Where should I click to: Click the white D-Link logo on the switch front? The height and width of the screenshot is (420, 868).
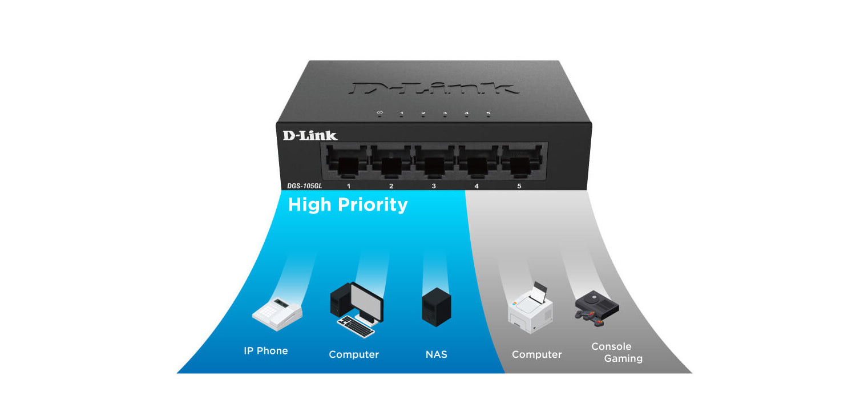pos(310,135)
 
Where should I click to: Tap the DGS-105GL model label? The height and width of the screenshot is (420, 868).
pos(305,186)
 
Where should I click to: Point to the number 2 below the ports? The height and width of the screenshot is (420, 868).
pos(391,186)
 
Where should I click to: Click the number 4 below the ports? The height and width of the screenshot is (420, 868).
pos(476,186)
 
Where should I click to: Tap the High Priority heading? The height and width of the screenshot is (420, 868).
pos(348,205)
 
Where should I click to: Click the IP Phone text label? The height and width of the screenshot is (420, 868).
pos(266,351)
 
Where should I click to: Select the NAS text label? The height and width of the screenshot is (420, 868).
pos(437,354)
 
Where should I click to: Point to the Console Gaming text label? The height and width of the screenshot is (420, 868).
pos(616,353)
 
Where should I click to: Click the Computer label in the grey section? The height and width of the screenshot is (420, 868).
pos(536,354)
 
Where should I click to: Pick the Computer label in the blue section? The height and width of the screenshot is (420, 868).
pos(354,354)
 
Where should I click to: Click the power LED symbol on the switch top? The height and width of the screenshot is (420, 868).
pos(380,113)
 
